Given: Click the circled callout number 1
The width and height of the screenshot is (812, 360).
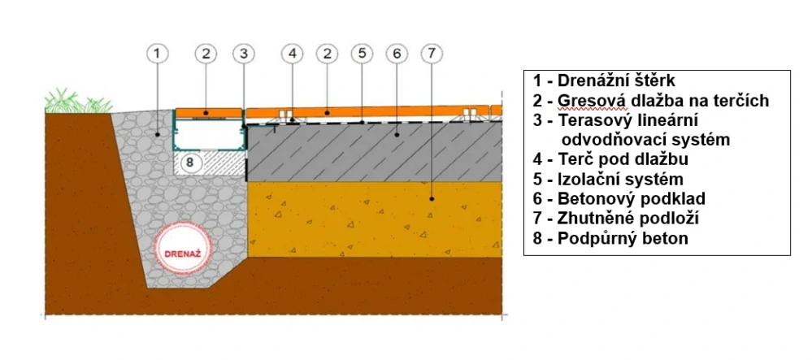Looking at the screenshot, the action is click(x=158, y=54).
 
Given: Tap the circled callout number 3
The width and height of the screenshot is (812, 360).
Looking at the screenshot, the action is click(x=243, y=54).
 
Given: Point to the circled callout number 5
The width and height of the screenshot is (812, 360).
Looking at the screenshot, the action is click(x=362, y=54).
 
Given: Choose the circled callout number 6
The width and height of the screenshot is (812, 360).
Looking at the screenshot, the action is click(x=397, y=54).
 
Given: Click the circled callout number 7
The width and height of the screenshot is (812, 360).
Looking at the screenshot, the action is click(x=432, y=54).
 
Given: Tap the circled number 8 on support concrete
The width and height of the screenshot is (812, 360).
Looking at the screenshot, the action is click(x=190, y=163).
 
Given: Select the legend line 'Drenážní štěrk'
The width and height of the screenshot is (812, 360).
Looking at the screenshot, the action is click(x=604, y=80).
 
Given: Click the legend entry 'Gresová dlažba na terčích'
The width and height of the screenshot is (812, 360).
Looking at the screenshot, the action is click(x=651, y=101).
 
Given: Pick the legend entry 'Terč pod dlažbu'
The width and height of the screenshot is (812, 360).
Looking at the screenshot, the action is click(x=610, y=159).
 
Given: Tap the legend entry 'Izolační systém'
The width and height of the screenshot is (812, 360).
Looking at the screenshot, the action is click(x=608, y=180).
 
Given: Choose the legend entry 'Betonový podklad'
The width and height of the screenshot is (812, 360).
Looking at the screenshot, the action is click(x=619, y=199).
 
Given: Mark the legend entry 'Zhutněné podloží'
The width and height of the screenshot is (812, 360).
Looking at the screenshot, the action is click(x=616, y=219).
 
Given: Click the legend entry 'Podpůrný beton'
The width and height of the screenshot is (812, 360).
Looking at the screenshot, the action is click(x=610, y=238).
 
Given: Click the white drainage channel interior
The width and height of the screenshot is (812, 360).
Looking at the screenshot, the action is click(x=209, y=135).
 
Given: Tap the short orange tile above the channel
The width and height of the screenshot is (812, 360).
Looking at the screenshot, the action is click(x=209, y=112).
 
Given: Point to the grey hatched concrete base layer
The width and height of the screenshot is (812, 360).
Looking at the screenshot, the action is click(x=374, y=152).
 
